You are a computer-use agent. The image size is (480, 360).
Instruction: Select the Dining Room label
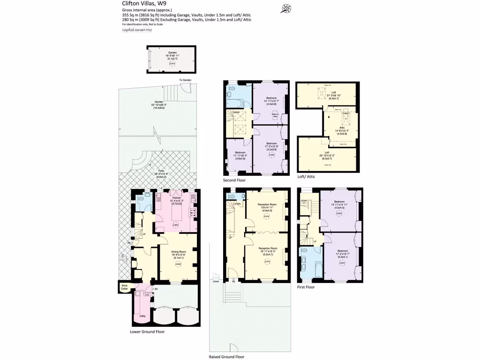pyautogui.click(x=179, y=254)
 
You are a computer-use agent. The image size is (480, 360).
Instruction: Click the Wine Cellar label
pyautogui.click(x=124, y=287)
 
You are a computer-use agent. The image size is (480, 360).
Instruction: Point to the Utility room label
pyautogui.click(x=142, y=316)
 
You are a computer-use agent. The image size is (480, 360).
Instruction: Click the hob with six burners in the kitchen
pyautogui.click(x=193, y=213)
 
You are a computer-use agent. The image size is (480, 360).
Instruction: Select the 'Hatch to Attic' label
pyautogui.click(x=276, y=115)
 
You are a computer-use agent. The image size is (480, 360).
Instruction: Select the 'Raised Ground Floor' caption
pyautogui.click(x=226, y=356)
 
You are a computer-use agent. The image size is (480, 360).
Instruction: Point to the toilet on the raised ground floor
pyautogui.click(x=231, y=195)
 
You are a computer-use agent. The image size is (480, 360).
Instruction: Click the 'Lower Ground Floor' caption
pyautogui.click(x=147, y=331)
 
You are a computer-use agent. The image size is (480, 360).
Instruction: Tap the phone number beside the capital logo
pyautogui.click(x=143, y=30)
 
